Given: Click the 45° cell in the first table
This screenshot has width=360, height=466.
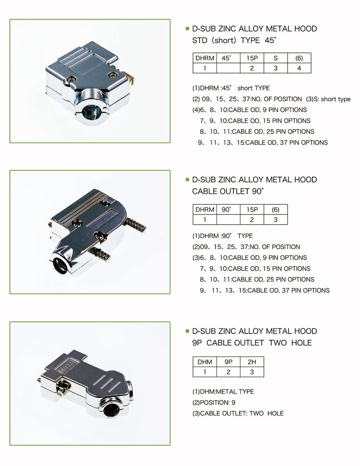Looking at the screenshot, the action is [228, 58].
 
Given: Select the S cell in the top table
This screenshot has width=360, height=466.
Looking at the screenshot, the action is [276, 58].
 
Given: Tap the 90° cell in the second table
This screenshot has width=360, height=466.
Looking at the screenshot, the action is [228, 210].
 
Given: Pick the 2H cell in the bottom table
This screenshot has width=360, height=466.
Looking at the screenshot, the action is [252, 362].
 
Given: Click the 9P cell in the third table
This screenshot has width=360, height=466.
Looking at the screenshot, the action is [228, 362].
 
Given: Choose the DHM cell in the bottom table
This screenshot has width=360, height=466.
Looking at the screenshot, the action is [205, 362].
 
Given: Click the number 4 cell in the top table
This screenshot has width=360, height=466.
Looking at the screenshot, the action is [299, 68].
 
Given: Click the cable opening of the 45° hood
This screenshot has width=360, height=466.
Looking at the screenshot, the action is [89, 112].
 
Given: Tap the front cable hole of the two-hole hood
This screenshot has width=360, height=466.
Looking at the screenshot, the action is [111, 410].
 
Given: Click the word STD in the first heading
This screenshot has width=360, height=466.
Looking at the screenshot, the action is [200, 40].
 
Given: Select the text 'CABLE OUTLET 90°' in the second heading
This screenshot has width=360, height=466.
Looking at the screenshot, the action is [228, 191].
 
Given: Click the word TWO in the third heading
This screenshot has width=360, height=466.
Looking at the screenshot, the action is [277, 343].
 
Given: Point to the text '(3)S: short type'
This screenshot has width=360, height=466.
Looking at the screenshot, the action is [328, 99].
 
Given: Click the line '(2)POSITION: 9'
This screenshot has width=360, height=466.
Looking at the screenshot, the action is [214, 403].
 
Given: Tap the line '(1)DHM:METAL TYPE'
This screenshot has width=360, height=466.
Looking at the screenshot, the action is [223, 392].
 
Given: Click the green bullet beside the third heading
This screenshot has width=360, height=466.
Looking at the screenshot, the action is [187, 331].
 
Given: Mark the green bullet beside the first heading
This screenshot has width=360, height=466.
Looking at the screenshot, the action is [187, 28].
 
